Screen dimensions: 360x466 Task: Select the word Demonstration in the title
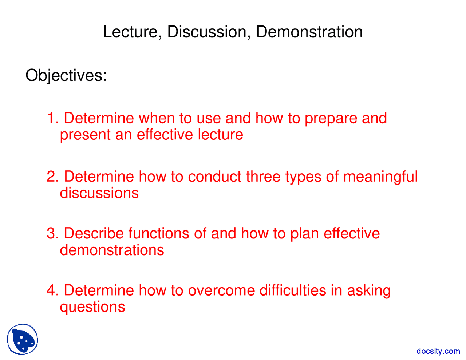pos(309,32)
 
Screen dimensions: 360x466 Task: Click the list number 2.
pos(53,177)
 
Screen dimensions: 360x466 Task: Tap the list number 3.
pos(53,233)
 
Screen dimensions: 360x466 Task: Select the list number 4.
pos(53,290)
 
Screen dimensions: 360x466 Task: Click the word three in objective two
pos(263,177)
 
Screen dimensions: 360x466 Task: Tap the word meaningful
pos(380,177)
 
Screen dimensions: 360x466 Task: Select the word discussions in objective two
pos(99,193)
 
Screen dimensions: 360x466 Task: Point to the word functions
pos(159,233)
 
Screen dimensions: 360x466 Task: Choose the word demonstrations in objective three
pos(112,250)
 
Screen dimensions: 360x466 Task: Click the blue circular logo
pos(23,339)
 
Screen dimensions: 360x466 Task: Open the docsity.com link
pos(438,351)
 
